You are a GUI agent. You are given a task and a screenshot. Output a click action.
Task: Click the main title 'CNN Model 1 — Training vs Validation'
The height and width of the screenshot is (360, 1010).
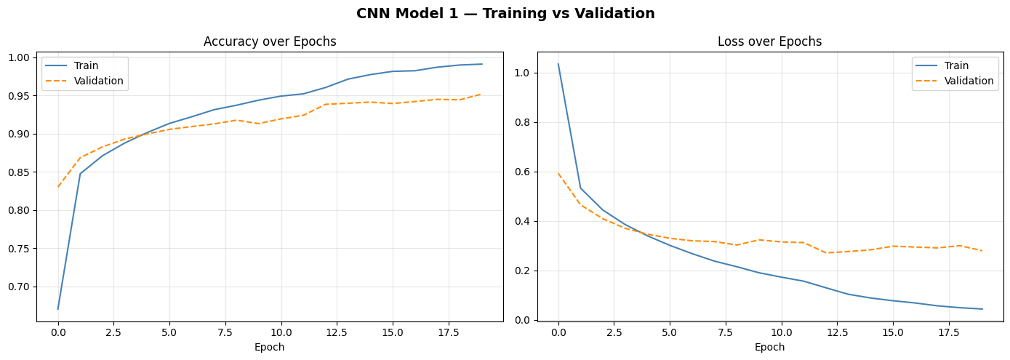click(505, 14)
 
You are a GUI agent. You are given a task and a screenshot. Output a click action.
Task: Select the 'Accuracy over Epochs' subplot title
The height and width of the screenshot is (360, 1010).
click(270, 41)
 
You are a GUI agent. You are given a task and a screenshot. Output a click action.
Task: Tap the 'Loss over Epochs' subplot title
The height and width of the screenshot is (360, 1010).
click(769, 41)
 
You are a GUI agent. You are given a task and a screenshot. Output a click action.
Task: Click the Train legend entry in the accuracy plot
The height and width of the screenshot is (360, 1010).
click(86, 66)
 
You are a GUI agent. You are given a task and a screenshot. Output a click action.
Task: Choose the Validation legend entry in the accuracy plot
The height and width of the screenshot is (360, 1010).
click(98, 81)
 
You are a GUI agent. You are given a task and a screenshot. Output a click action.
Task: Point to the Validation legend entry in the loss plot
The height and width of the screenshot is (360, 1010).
click(969, 81)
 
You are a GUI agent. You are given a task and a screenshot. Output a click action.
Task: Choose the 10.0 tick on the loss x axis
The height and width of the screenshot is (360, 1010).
click(781, 332)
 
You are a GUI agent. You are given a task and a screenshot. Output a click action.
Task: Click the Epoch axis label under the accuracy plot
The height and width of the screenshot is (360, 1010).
click(270, 348)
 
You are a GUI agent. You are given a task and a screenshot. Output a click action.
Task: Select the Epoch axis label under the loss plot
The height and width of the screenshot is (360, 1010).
click(769, 348)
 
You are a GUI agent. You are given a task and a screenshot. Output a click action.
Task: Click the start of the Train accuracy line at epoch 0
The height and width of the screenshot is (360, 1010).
click(58, 309)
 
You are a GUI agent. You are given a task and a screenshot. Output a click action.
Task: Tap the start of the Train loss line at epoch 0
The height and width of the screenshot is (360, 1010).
click(558, 64)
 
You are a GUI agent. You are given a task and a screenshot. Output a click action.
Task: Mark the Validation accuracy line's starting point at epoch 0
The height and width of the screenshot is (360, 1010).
click(58, 187)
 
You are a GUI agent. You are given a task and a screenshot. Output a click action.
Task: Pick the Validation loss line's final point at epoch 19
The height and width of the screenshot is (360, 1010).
click(982, 251)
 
